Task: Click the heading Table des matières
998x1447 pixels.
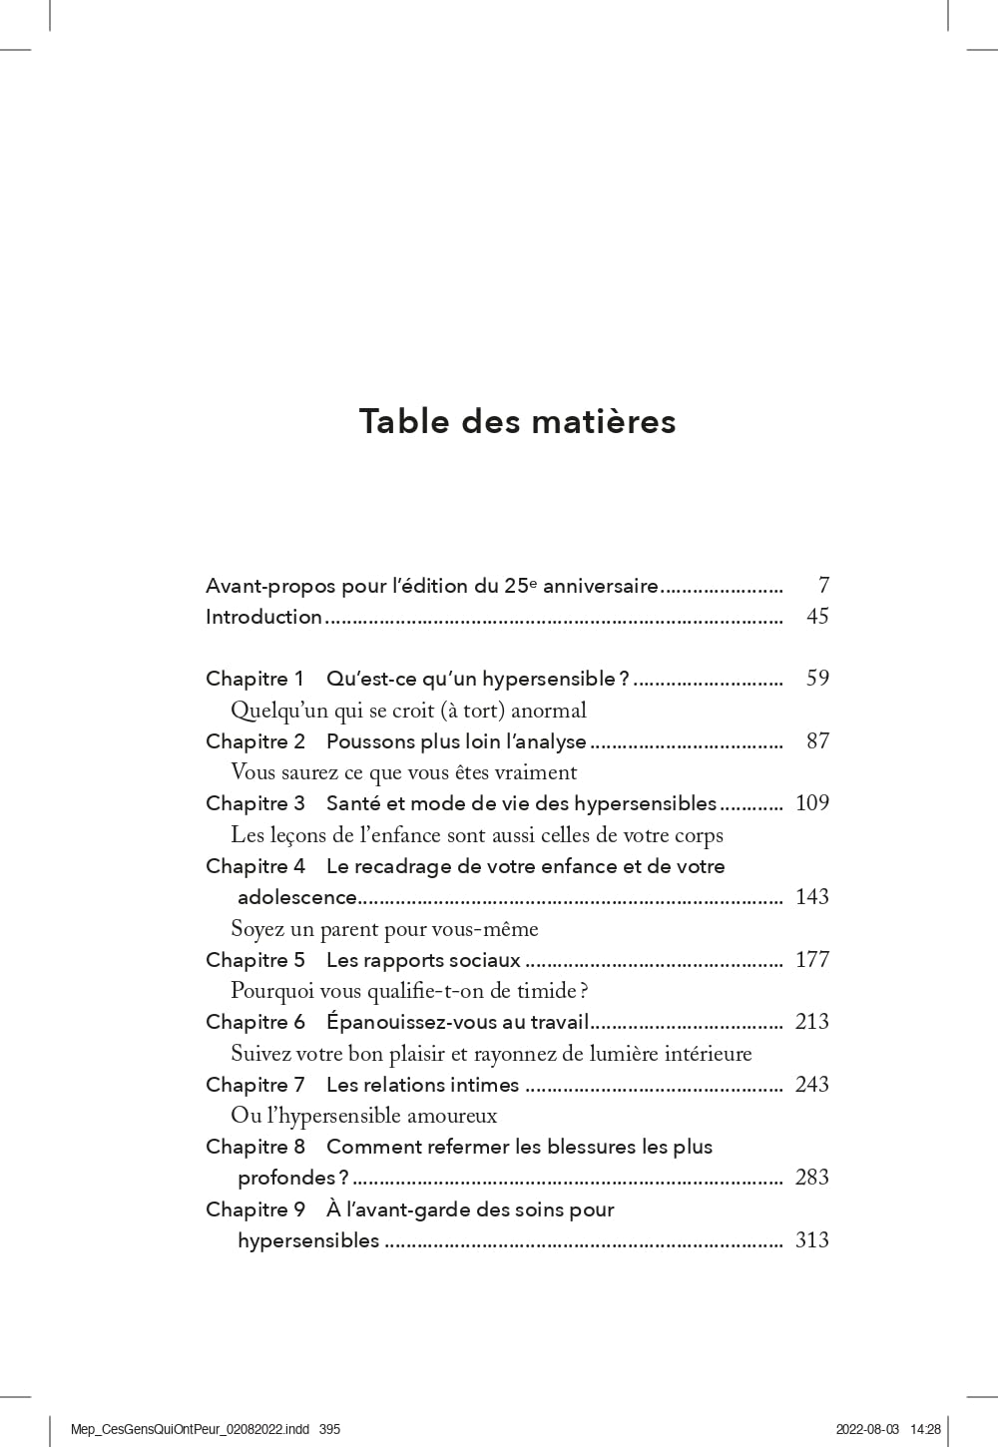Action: [x=517, y=421]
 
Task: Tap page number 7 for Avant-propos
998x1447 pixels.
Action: [x=823, y=586]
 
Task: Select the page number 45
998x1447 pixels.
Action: [x=817, y=617]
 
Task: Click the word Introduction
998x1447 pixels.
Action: [x=263, y=617]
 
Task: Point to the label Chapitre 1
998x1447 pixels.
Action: [x=254, y=679]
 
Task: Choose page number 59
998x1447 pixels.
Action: [x=817, y=679]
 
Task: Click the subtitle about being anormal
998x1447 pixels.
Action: [x=408, y=711]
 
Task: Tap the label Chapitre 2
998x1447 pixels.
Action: [x=254, y=741]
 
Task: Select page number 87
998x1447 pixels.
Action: [x=817, y=741]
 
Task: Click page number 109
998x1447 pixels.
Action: [x=812, y=803]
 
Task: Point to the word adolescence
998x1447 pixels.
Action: [x=296, y=897]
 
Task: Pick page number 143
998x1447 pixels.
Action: [x=812, y=897]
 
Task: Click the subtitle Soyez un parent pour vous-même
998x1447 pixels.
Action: [x=384, y=929]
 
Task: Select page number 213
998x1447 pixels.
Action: [x=812, y=1022]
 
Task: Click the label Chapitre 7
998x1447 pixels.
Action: [x=254, y=1085]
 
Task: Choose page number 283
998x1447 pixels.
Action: [x=812, y=1178]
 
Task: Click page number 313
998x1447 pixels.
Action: [x=812, y=1240]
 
